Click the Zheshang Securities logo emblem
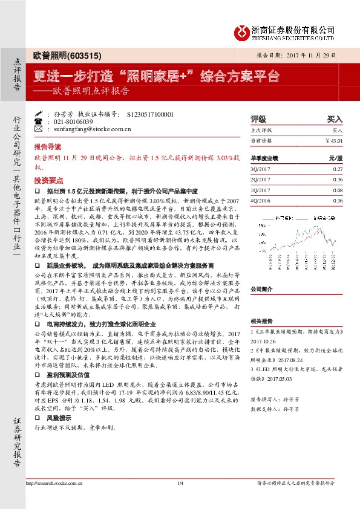tap(241, 31)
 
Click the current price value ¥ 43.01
tap(333, 140)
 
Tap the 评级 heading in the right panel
tap(258, 119)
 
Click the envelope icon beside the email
tap(39, 129)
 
